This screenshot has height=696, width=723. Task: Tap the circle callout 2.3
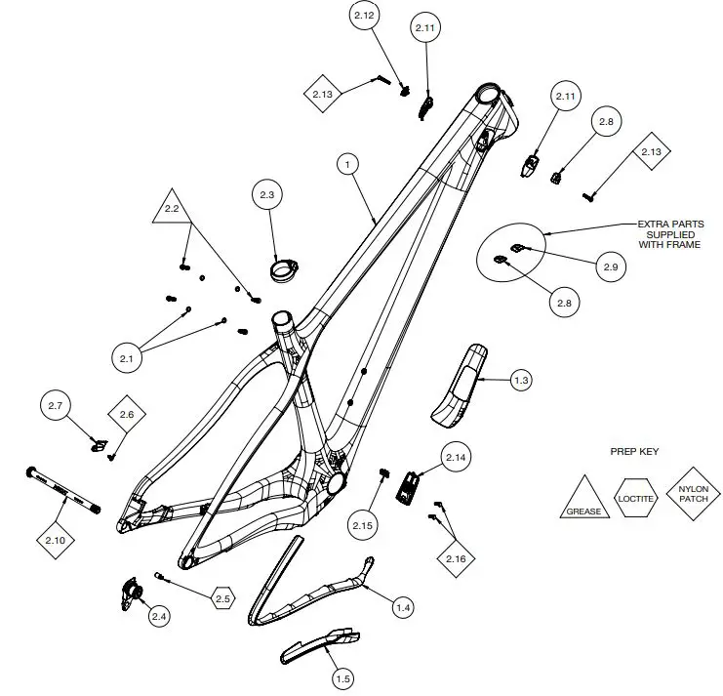267,195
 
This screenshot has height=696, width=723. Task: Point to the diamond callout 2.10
55,539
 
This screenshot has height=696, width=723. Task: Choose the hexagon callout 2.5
222,597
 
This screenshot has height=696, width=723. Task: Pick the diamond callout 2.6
126,415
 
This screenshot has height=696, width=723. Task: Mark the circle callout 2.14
457,457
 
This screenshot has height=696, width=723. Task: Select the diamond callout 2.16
455,557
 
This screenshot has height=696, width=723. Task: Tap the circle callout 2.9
610,266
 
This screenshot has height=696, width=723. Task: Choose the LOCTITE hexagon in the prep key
636,498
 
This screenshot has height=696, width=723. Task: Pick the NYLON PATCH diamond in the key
693,493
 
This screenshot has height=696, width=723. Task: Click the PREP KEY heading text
634,452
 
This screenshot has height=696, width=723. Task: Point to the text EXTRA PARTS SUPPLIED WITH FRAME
670,234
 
